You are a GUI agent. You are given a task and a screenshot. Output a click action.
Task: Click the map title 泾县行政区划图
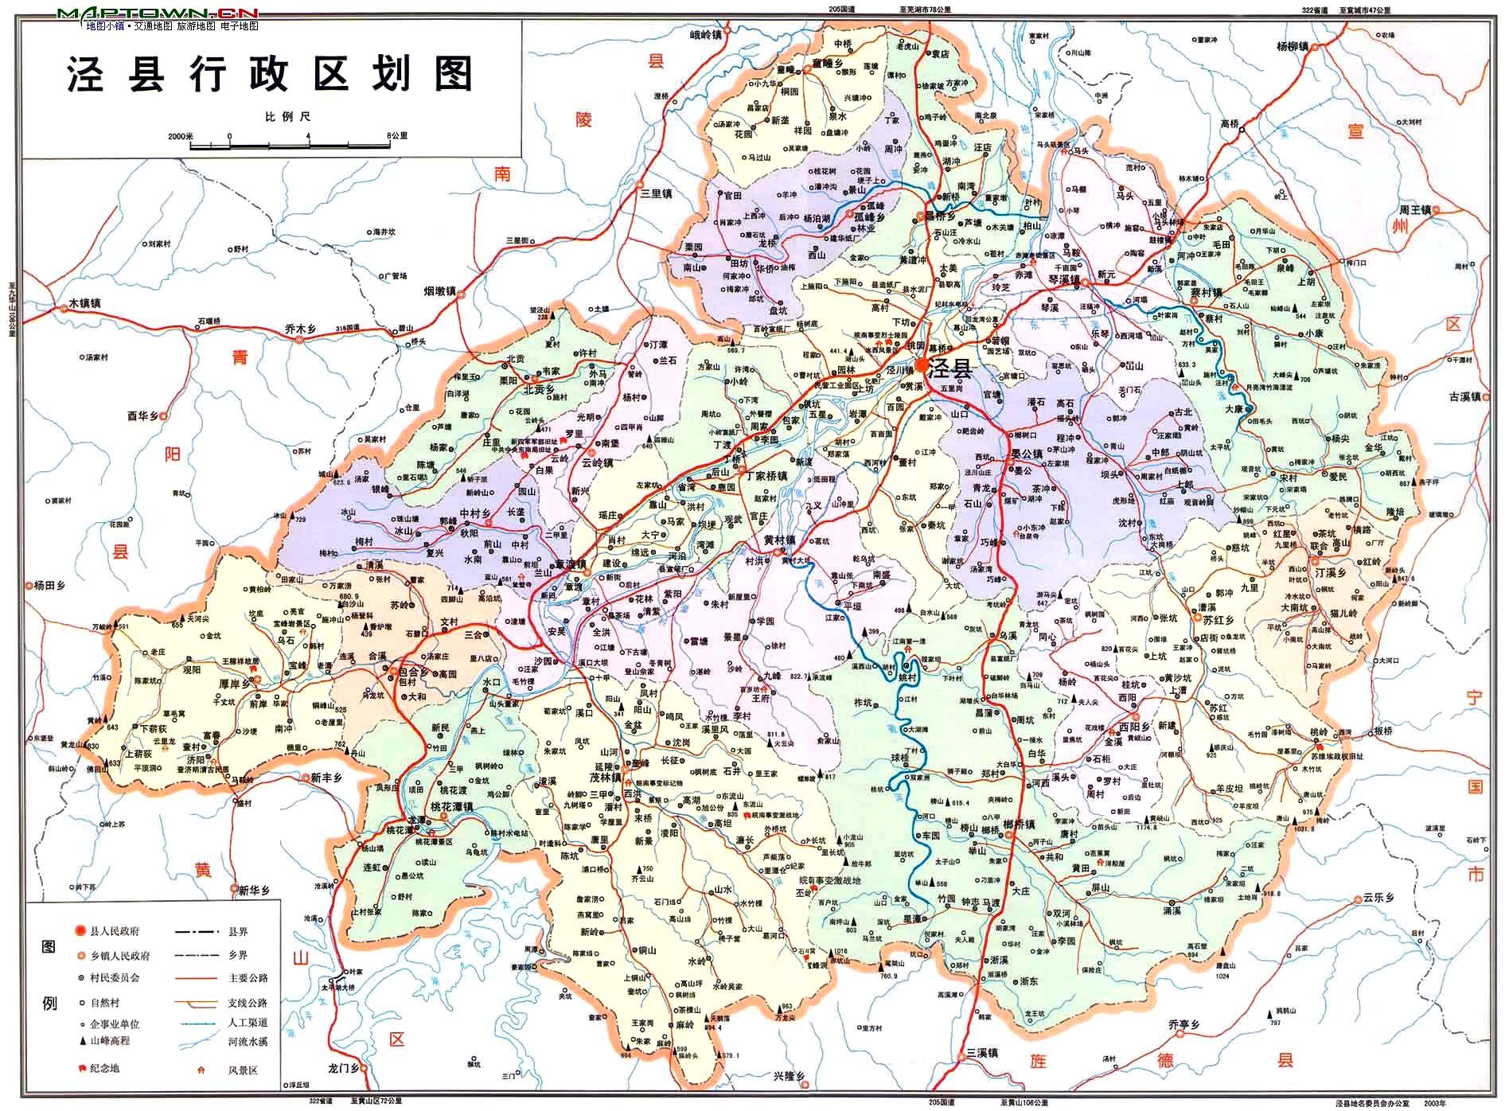tap(271, 74)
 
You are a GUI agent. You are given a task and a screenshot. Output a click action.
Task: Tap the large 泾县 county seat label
tap(952, 368)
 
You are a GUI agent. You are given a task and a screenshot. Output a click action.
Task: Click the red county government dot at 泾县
tap(922, 365)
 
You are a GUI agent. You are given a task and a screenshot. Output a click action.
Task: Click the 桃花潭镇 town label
tap(452, 806)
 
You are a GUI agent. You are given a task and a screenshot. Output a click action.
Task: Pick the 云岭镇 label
tap(598, 462)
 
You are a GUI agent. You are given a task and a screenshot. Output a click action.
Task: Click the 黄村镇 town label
tap(780, 540)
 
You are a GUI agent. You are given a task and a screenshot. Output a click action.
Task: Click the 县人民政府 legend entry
tap(120, 931)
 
